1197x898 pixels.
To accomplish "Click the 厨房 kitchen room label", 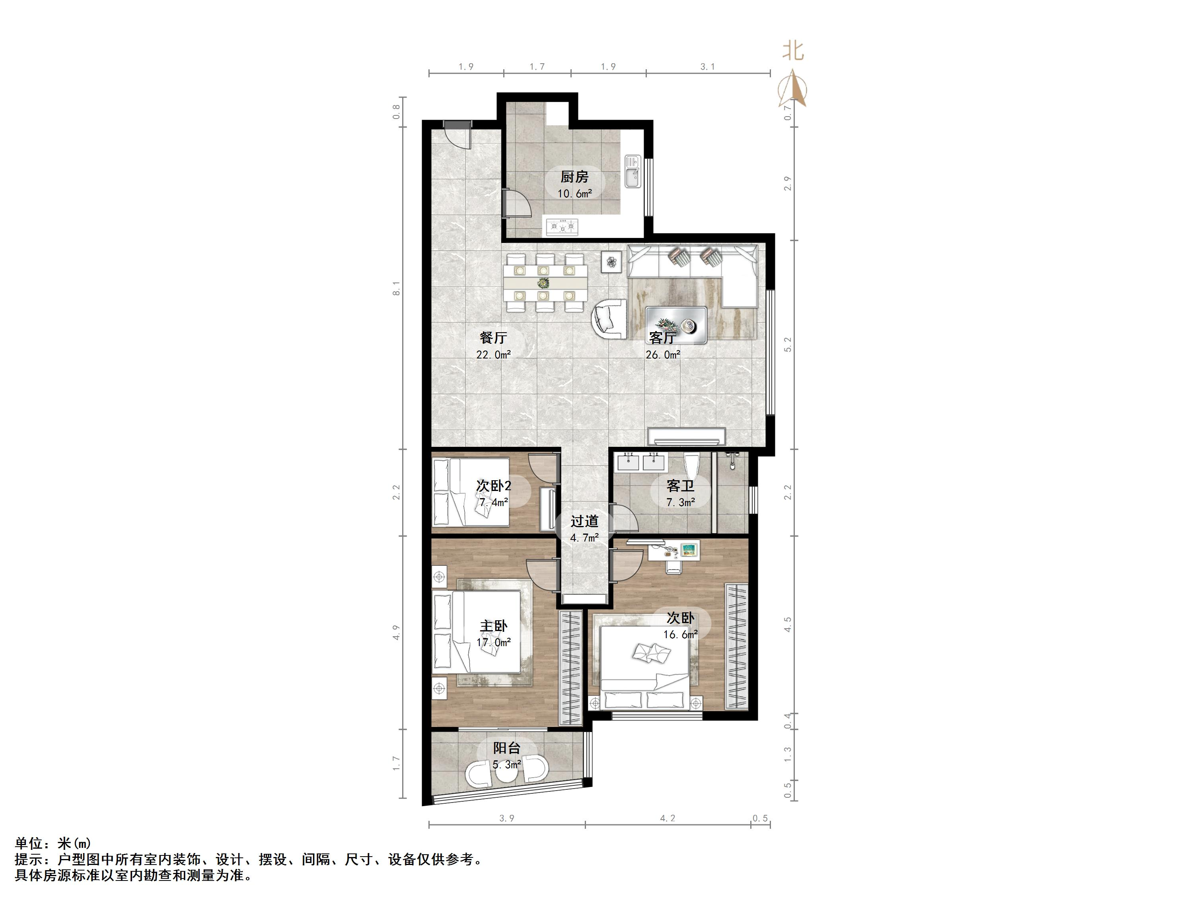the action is click(x=574, y=177).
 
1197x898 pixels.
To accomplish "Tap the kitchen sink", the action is click(x=633, y=171).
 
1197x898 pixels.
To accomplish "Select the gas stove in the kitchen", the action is click(x=562, y=227).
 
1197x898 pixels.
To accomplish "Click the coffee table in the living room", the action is click(x=676, y=325).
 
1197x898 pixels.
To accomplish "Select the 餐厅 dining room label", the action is click(x=493, y=338).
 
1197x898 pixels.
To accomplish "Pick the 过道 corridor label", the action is click(x=584, y=521).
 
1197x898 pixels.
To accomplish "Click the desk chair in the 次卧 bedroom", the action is click(x=674, y=566).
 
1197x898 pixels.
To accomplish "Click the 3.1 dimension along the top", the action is click(x=708, y=66).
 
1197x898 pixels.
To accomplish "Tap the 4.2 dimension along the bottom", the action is click(x=668, y=818).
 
